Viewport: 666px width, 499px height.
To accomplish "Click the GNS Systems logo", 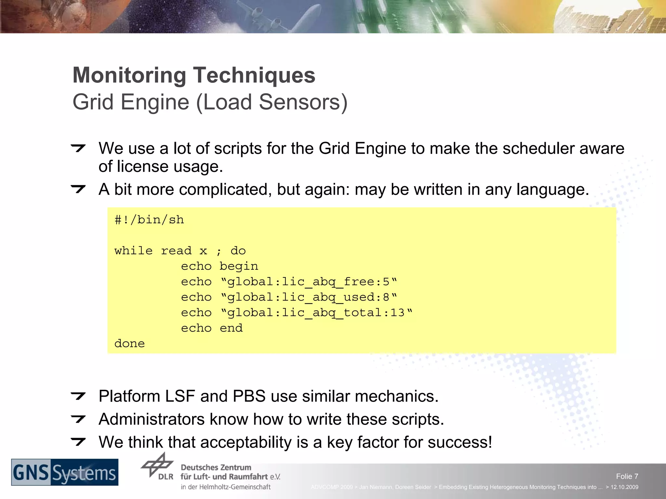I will [65, 472].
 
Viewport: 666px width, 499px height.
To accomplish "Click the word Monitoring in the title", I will [129, 75].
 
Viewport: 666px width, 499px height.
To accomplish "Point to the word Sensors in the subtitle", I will [303, 102].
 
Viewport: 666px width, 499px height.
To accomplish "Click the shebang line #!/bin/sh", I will [149, 220].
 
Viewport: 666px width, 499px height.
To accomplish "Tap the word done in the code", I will [129, 343].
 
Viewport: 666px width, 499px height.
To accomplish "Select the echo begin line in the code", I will [220, 266].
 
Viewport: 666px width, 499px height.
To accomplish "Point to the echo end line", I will [212, 328].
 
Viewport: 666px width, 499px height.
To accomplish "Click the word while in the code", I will [133, 251].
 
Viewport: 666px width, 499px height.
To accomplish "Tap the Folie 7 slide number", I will [627, 476].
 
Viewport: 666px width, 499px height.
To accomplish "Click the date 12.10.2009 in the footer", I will [624, 487].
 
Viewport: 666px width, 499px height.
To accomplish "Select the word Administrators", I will [152, 419].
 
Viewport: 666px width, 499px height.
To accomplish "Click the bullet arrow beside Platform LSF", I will [78, 396].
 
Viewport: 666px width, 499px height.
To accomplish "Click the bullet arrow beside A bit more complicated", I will [78, 189].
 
